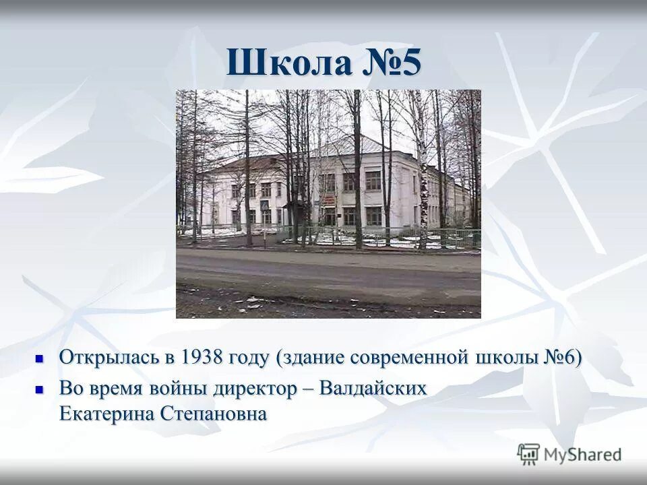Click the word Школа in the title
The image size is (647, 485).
click(289, 64)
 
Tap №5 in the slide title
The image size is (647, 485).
click(392, 64)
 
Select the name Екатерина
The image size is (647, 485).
click(105, 413)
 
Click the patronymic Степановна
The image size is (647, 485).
click(213, 413)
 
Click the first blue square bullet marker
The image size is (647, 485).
click(39, 358)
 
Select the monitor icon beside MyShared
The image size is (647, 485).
click(529, 454)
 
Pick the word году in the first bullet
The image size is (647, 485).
click(249, 358)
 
